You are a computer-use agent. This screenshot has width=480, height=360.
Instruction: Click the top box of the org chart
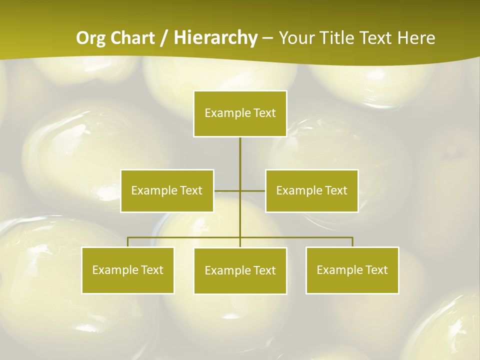click(240, 113)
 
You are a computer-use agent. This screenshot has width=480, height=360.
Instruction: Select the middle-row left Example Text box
click(167, 190)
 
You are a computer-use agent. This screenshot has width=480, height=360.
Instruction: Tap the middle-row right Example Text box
click(311, 190)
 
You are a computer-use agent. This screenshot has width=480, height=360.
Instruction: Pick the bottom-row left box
click(128, 270)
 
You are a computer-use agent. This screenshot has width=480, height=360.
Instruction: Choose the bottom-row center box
click(240, 270)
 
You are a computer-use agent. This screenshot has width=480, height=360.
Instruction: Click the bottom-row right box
click(352, 270)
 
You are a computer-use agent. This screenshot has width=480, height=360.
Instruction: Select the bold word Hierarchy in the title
click(215, 38)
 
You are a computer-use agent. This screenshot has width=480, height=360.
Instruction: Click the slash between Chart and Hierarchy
click(164, 38)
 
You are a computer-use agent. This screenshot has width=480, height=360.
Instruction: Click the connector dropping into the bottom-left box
click(128, 242)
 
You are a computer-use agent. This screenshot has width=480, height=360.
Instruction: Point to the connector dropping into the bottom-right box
click(352, 242)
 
